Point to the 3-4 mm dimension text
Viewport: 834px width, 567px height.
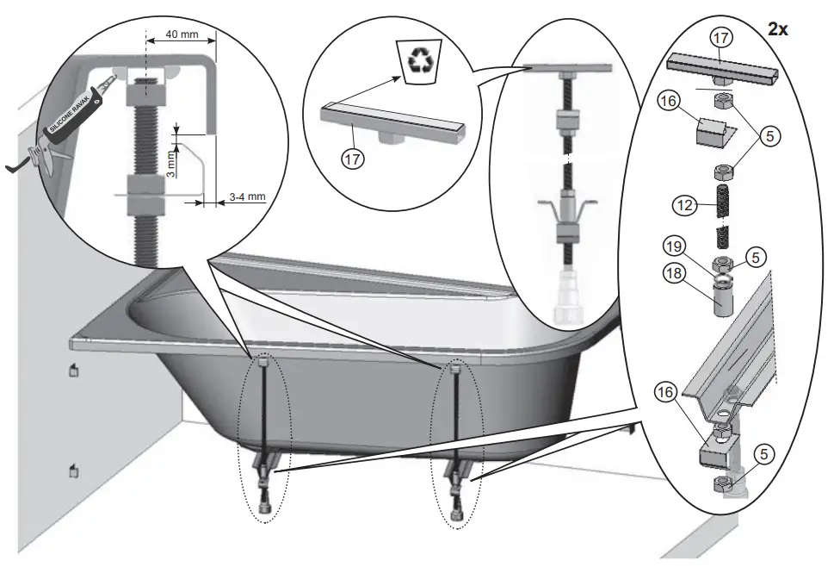coord(248,197)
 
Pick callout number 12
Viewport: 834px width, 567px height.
coord(684,205)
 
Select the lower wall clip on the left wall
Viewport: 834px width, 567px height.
coord(74,470)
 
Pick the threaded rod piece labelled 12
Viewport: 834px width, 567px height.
coord(723,207)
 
